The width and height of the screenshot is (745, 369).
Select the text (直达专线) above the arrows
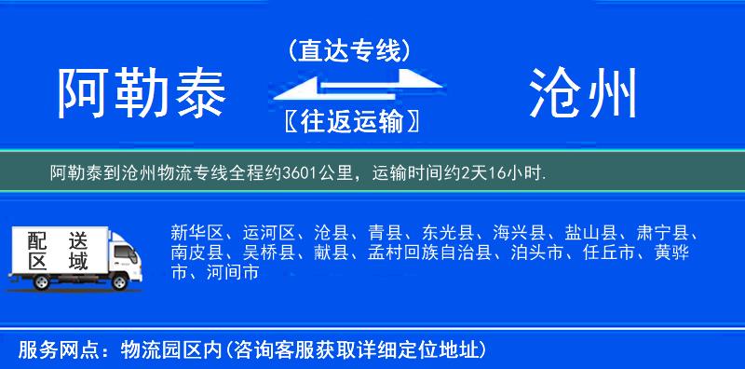[350, 51]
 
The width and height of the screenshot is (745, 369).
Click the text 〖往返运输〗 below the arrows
[350, 121]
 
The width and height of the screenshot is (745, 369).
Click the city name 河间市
[231, 273]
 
